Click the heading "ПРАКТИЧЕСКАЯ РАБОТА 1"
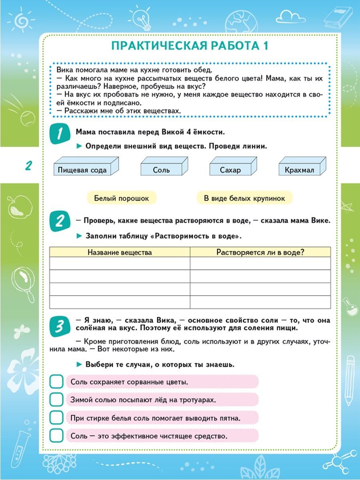coord(190,46)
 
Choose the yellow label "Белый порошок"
coord(121,198)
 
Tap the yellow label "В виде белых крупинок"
coord(244,198)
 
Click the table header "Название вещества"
coord(120,252)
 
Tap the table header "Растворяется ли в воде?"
coord(260,252)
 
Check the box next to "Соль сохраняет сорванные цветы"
coord(56,382)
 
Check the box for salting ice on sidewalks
coord(56,399)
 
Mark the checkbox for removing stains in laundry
coord(56,417)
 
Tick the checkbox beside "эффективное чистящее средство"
coord(56,435)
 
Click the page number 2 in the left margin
coord(28,166)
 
